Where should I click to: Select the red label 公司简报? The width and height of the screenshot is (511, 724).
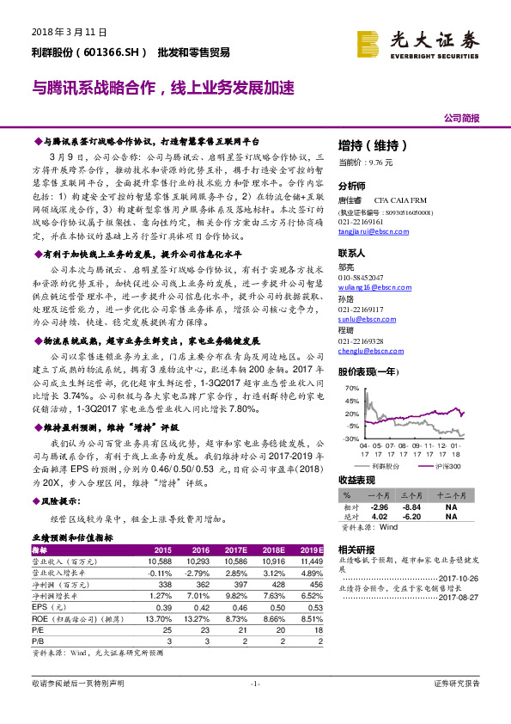[x=461, y=118]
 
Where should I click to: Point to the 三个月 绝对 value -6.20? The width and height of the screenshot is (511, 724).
[x=412, y=517]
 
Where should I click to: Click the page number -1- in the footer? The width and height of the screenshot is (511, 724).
[x=254, y=707]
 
